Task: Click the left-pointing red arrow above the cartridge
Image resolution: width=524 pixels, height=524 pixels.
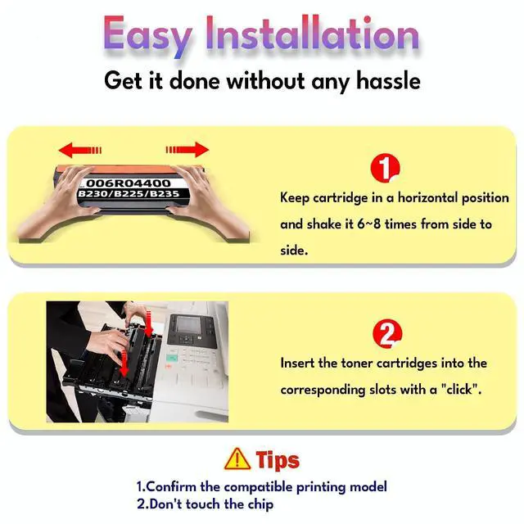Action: tap(80, 150)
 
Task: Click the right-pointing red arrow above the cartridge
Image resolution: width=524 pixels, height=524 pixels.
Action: tap(187, 149)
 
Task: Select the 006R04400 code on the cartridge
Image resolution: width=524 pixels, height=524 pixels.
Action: tap(129, 183)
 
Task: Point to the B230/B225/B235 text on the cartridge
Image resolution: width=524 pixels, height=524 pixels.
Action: tap(129, 194)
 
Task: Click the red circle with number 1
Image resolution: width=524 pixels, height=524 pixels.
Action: tap(385, 168)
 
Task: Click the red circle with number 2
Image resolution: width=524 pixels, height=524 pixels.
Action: tap(387, 334)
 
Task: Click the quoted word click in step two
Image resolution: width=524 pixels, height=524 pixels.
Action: tap(461, 390)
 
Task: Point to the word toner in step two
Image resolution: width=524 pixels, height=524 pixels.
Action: tap(357, 364)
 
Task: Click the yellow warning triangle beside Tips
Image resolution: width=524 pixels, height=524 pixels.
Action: tap(237, 459)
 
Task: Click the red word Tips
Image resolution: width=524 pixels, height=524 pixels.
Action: tap(278, 460)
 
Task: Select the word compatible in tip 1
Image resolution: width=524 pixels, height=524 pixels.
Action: tap(258, 486)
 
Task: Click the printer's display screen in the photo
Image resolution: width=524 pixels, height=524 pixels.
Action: tap(188, 324)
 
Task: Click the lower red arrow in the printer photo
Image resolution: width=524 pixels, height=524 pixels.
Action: tap(124, 364)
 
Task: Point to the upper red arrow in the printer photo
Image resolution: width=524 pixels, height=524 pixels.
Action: tap(149, 323)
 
